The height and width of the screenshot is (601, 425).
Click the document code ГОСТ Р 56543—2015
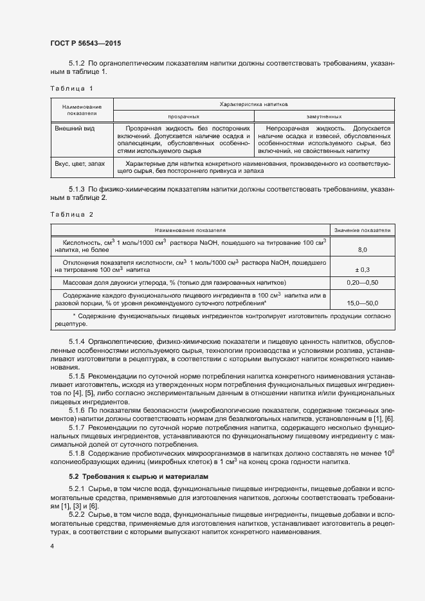click(85, 44)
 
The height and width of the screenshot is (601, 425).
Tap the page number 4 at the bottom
click(51, 546)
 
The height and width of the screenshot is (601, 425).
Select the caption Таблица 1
click(71, 87)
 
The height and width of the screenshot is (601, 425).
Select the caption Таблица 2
click(71, 214)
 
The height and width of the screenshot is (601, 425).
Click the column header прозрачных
click(183, 117)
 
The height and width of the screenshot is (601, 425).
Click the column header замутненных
click(323, 117)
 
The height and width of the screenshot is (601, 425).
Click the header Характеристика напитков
click(253, 103)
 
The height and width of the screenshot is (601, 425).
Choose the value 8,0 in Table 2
click(362, 249)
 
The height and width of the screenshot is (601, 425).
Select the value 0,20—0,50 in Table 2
click(362, 283)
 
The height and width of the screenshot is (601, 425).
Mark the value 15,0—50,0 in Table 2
click(362, 302)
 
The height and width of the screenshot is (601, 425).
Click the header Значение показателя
click(362, 229)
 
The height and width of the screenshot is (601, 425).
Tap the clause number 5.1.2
click(77, 64)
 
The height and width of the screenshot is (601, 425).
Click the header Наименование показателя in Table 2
click(190, 229)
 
